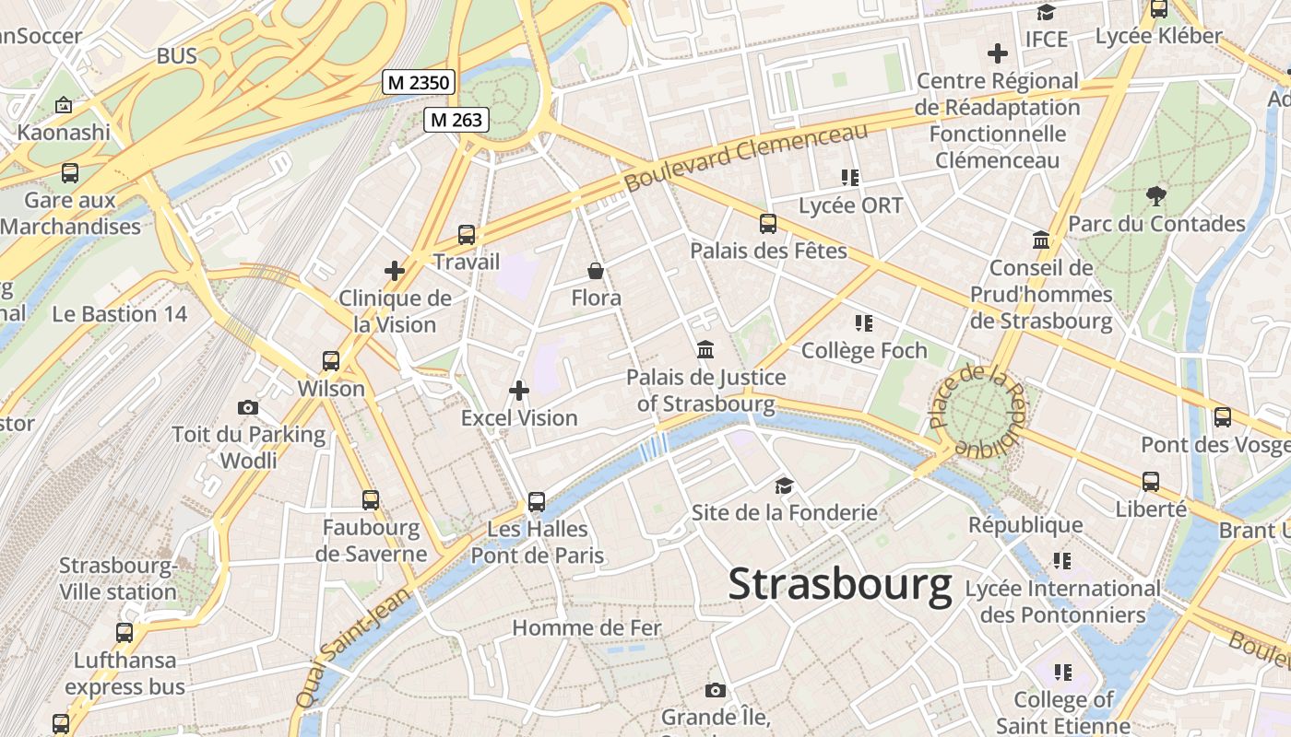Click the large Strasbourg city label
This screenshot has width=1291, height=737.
point(839,585)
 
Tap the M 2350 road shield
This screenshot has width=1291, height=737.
point(419,83)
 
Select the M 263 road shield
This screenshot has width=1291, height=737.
point(456,119)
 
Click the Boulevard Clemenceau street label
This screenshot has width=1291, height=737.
point(747,158)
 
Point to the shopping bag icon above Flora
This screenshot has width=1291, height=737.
point(597,271)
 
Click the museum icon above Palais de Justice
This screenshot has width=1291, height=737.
point(706,350)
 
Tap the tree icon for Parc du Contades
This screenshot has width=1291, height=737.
point(1155,195)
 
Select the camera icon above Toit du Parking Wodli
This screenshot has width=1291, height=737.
point(248,407)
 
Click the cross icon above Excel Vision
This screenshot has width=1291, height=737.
point(519,391)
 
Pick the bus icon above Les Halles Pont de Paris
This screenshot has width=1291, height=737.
point(537,502)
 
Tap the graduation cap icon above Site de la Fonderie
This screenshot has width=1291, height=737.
point(784,485)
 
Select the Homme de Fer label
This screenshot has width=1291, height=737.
point(586,628)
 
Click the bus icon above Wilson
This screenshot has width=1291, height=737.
point(331,361)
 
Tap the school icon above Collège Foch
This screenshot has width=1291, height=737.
point(864,323)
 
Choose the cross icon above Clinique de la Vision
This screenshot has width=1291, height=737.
point(395,271)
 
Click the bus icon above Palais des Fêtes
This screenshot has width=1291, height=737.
point(768,223)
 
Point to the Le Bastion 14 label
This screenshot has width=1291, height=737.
point(119,314)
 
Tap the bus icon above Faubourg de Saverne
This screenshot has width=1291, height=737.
point(371,500)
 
